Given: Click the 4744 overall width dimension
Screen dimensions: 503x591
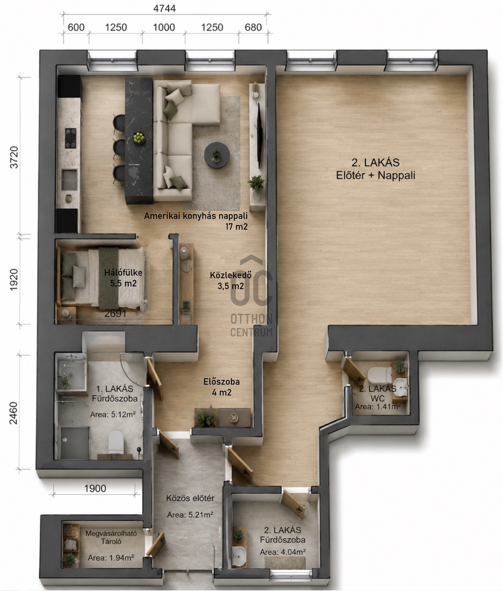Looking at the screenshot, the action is [165, 8].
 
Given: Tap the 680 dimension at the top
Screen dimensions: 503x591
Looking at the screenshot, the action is [253, 27].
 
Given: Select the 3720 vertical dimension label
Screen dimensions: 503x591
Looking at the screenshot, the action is [14, 157].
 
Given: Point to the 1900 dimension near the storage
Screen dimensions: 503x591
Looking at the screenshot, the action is [95, 488].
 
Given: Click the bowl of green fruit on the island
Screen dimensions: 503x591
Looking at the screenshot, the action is [138, 137].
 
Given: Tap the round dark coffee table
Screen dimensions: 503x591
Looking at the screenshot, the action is [217, 155].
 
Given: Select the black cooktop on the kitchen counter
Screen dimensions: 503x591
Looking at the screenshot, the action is [71, 138].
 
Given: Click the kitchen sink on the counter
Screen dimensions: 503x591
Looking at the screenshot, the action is [69, 180].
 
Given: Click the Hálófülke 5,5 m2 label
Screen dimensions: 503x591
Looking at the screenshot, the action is [123, 278].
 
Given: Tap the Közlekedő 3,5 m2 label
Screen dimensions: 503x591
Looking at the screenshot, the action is [231, 281].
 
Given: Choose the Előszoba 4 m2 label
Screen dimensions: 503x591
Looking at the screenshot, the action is [222, 387].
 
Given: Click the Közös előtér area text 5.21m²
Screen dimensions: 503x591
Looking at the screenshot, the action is [190, 515].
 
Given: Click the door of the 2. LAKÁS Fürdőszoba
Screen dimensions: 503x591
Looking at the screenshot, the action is [293, 504].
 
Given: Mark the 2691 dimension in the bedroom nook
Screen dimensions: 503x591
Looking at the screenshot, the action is [115, 314].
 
